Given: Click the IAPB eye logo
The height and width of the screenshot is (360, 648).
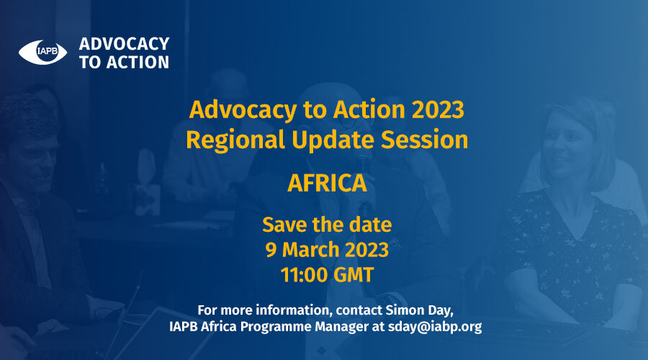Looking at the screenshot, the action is coord(42,52).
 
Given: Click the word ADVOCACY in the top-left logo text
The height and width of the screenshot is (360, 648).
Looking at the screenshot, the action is coord(124,44).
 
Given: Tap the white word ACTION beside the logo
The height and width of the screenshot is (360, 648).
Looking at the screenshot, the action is coord(138,63).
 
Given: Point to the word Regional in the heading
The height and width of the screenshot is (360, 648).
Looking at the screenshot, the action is coord(235,140).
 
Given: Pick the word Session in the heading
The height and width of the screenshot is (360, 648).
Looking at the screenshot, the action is coord(424,140).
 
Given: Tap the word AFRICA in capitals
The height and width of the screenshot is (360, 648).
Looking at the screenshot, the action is coord(327,183).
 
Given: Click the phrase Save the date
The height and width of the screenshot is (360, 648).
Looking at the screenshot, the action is coord(327,225).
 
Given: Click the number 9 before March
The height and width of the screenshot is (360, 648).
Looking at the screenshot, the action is coord(271,250).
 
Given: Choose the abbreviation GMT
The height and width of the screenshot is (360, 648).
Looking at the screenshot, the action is coord(354,275).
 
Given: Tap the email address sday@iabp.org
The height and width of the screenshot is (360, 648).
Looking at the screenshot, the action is coord(435,327).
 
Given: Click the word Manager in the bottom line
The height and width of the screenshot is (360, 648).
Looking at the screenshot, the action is coord(341,327).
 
